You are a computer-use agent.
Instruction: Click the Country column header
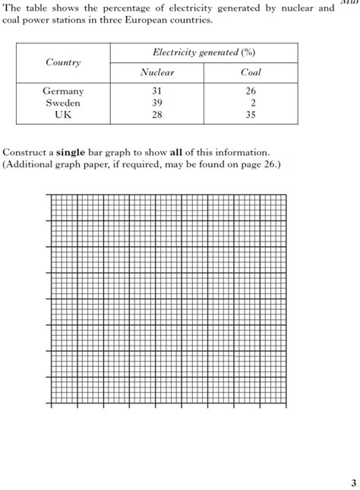tap(63, 62)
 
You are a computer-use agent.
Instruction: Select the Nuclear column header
tap(157, 72)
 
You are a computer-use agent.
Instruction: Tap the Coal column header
tap(251, 72)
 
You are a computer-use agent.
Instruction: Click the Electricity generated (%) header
tap(204, 52)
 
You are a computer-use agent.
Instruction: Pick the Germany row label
tap(63, 91)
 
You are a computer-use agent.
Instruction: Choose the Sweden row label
tap(63, 103)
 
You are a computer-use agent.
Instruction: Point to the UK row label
tap(63, 115)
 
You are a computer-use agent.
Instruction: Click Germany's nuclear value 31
tap(157, 91)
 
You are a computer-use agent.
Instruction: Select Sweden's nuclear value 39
tap(157, 103)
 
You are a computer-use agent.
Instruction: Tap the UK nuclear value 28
tap(157, 115)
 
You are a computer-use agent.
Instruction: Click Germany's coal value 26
tap(251, 91)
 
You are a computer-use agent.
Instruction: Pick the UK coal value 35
tap(251, 115)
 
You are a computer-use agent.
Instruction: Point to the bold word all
tap(185, 152)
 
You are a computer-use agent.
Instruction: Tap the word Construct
tap(25, 152)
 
